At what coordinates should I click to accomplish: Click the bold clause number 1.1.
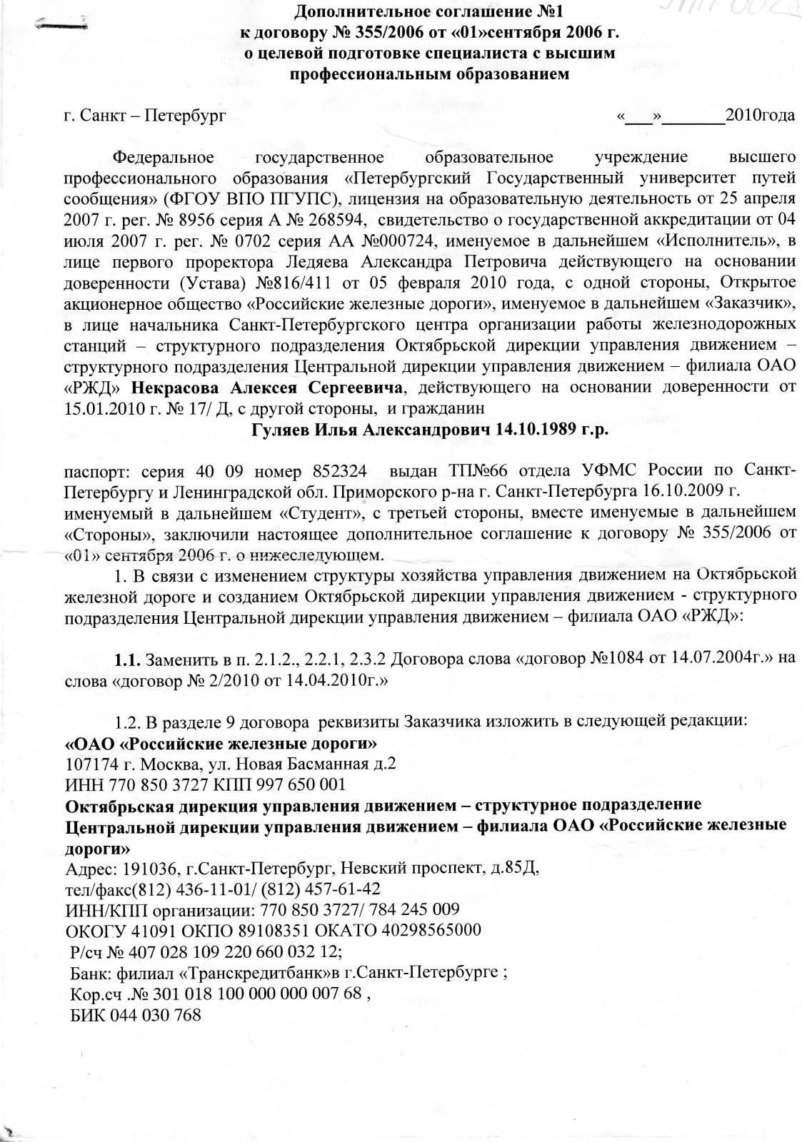click(x=130, y=657)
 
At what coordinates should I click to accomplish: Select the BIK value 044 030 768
click(x=155, y=1015)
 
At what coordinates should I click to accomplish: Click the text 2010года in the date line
click(x=760, y=115)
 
